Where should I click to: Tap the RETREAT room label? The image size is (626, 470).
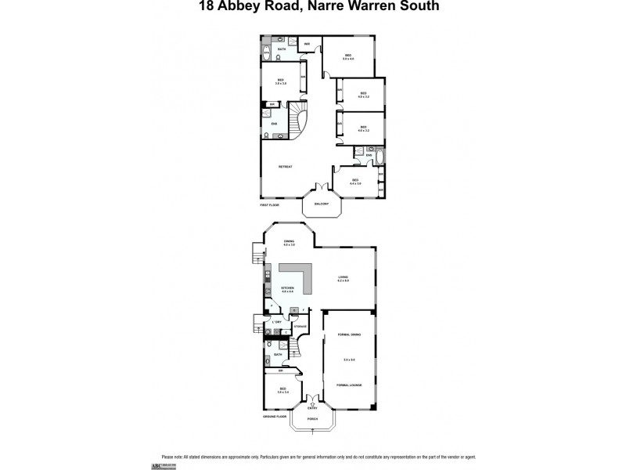(x=286, y=167)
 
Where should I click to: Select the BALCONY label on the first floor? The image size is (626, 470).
(x=322, y=204)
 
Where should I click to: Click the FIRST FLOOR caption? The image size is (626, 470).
(x=269, y=204)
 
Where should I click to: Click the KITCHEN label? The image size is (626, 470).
(x=287, y=288)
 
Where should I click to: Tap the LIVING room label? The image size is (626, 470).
(x=343, y=277)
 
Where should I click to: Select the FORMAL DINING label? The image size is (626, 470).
(x=349, y=334)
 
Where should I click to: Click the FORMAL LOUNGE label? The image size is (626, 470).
(x=349, y=385)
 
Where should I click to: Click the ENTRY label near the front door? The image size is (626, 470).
(x=312, y=408)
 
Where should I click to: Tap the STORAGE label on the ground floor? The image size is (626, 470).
(x=300, y=325)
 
